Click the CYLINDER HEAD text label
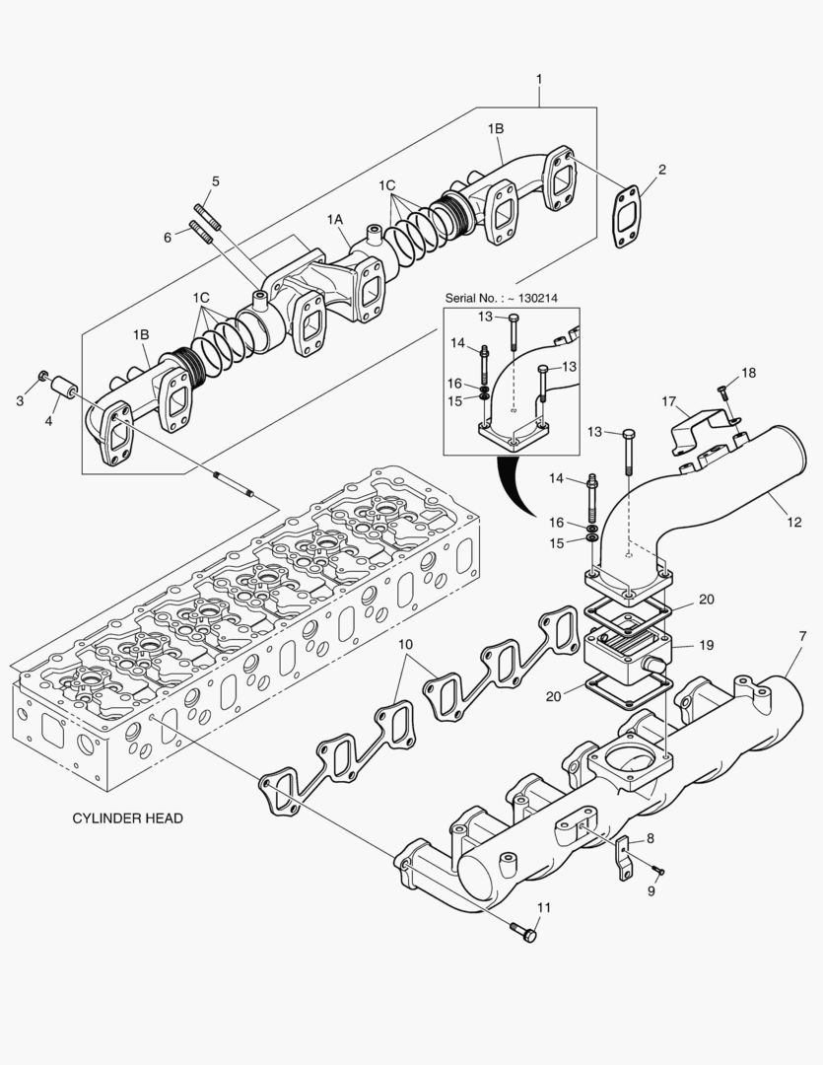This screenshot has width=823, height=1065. (x=127, y=818)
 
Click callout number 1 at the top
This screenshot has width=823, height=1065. (x=539, y=78)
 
